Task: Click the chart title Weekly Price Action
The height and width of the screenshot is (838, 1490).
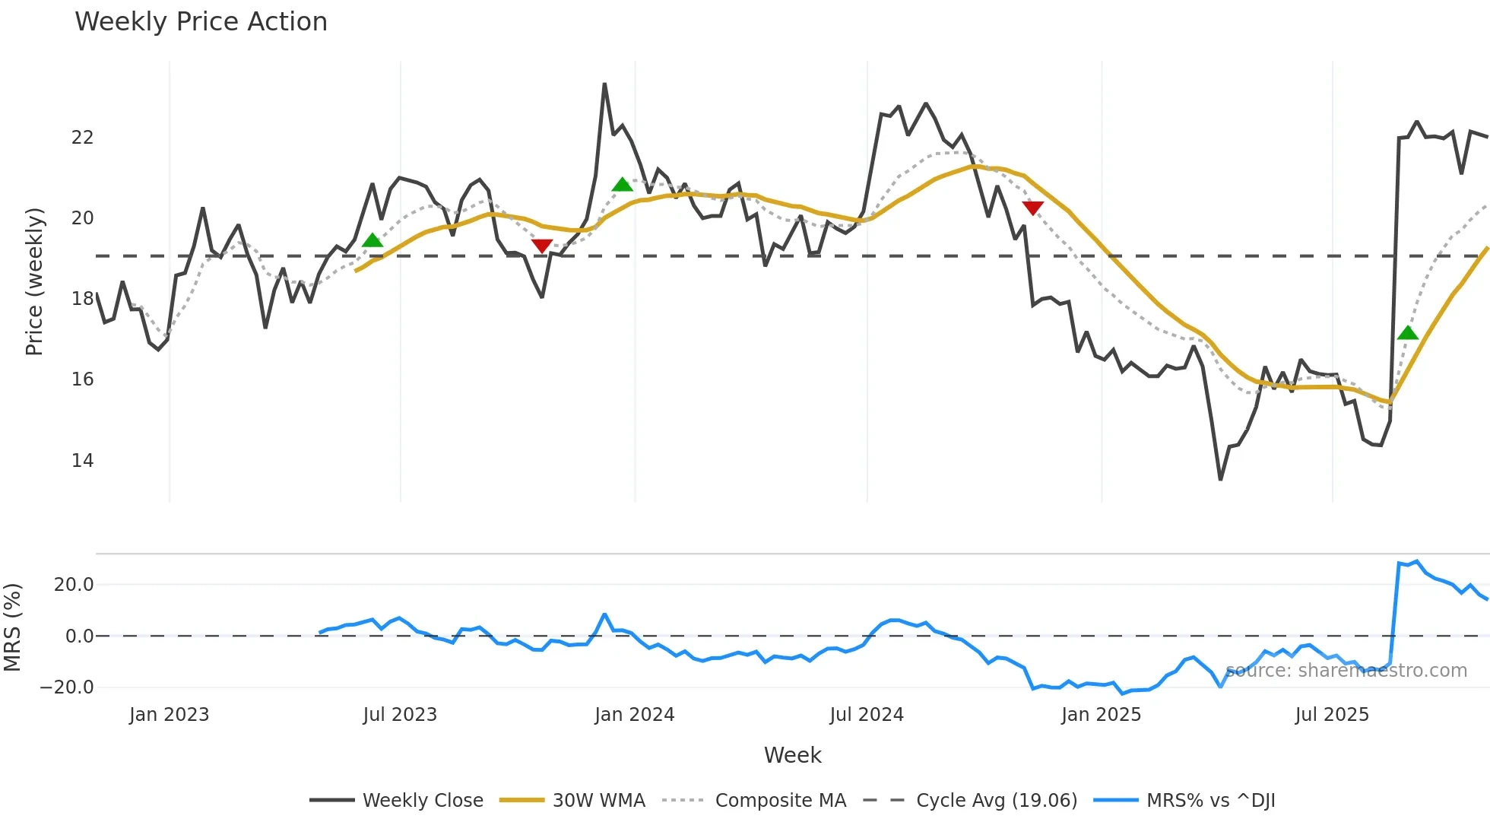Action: coord(201,22)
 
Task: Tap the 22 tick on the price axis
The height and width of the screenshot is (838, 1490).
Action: coord(82,138)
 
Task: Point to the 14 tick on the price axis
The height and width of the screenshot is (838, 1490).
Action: coord(82,460)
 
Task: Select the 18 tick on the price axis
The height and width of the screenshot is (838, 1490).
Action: coord(82,299)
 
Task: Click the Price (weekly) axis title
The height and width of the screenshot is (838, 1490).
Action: coord(34,281)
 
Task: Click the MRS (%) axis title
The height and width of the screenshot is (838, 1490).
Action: coord(12,627)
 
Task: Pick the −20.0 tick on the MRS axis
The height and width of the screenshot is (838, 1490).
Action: coord(67,687)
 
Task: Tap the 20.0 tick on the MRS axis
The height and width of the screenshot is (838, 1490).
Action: coord(73,585)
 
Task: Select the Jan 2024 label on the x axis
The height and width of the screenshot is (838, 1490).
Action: coord(634,715)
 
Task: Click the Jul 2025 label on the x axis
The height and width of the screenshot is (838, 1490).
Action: coord(1332,715)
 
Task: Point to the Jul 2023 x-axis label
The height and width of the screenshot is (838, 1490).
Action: coord(400,715)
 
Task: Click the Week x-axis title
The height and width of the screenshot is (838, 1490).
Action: coord(792,755)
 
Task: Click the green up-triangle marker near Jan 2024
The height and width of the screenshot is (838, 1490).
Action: coord(622,185)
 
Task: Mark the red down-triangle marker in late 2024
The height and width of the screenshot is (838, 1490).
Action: coord(1032,208)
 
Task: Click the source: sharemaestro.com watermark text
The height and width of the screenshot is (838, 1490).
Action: coord(1346,671)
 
